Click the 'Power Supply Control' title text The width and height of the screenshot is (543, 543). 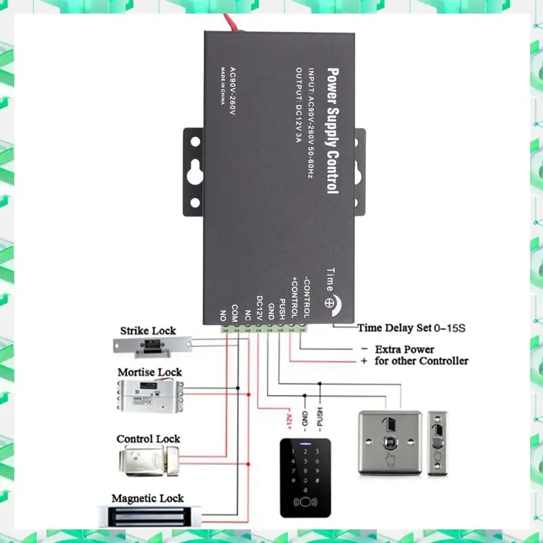click(x=332, y=130)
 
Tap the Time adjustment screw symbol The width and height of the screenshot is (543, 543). click(x=330, y=304)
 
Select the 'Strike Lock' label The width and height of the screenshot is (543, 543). click(x=148, y=331)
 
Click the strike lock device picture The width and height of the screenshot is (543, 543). click(x=153, y=348)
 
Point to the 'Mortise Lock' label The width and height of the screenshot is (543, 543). click(x=150, y=372)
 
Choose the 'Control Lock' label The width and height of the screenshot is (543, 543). click(x=148, y=439)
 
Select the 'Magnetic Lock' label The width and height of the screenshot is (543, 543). click(x=147, y=499)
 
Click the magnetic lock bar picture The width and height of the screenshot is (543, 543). click(x=149, y=517)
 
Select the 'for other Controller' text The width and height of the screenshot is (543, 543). click(x=420, y=360)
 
